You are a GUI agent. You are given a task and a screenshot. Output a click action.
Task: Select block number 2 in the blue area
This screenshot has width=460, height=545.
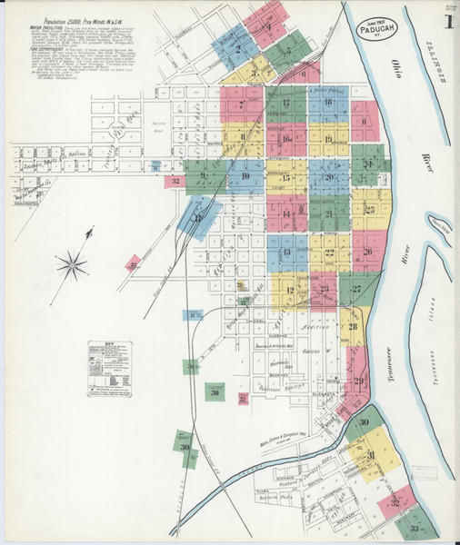click(238, 50)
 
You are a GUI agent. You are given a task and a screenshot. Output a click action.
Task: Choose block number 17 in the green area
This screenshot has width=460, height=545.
click(285, 104)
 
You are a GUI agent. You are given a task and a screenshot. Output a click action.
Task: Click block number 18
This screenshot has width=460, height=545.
click(327, 104)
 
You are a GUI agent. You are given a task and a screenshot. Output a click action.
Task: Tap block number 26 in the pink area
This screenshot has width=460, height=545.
click(367, 253)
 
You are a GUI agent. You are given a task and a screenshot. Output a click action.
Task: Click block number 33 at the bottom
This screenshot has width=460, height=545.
click(414, 527)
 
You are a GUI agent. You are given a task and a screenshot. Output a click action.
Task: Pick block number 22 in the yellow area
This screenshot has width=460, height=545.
click(328, 253)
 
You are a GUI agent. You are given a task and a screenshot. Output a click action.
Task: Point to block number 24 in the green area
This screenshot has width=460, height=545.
click(366, 164)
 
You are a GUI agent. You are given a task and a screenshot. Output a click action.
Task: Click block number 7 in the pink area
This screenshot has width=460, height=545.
click(242, 105)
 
